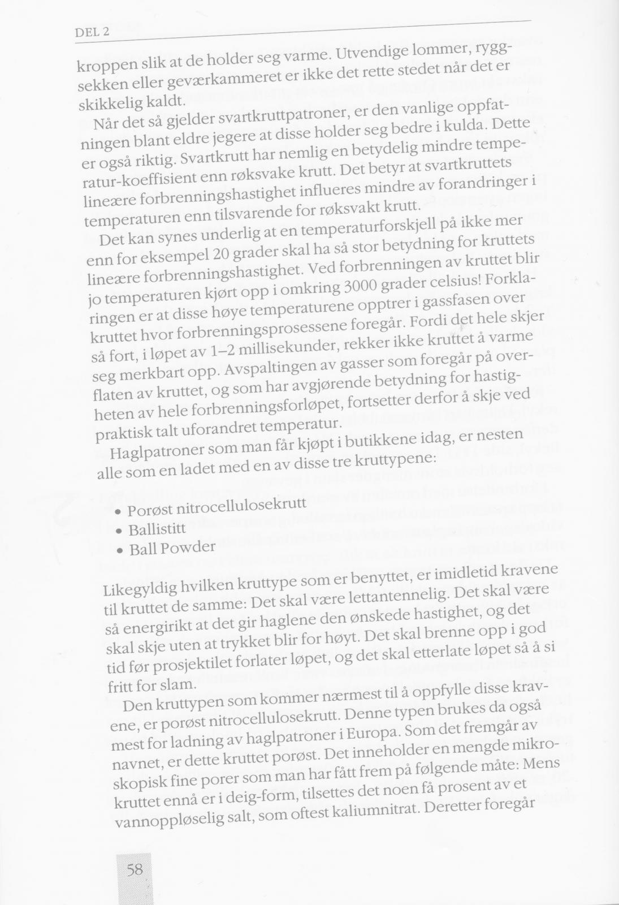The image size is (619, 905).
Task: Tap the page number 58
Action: [x=135, y=868]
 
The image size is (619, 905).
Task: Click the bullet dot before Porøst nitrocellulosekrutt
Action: [x=118, y=512]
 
